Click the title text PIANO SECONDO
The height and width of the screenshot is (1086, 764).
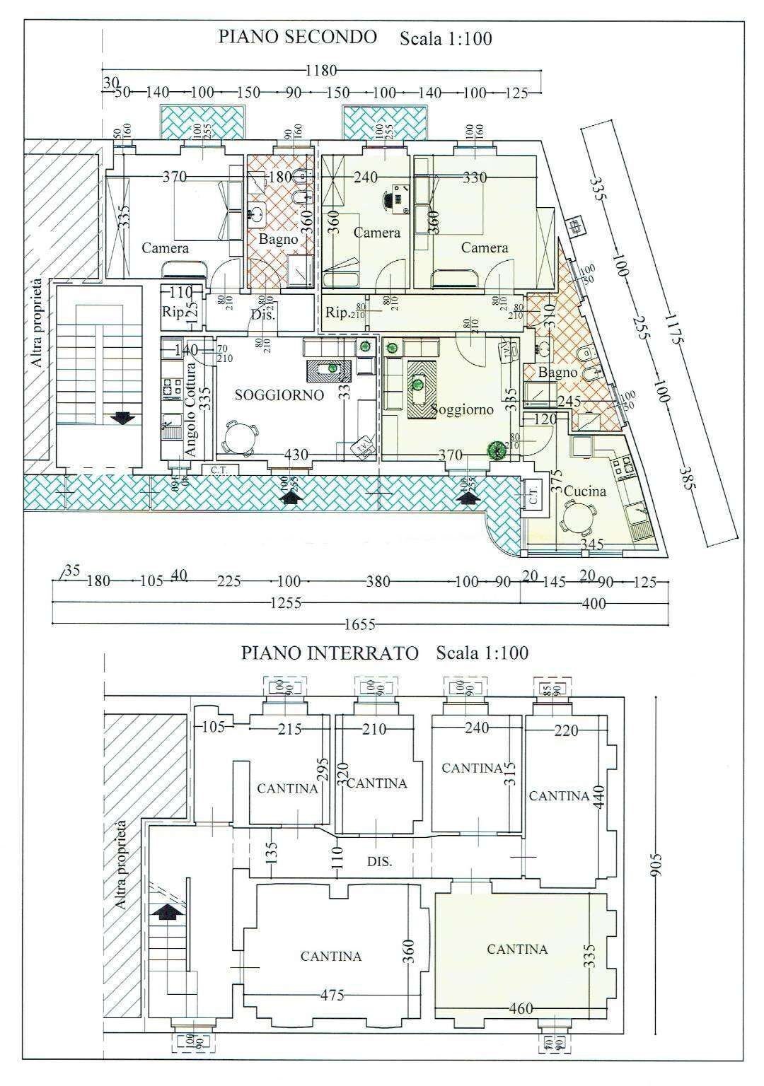(x=297, y=37)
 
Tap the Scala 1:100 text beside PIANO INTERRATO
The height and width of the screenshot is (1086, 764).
(x=482, y=653)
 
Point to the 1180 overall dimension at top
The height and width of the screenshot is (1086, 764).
(x=320, y=71)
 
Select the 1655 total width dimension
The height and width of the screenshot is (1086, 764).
(x=359, y=624)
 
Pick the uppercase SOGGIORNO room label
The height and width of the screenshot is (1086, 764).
(x=279, y=395)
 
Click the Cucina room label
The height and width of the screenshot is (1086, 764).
(x=585, y=491)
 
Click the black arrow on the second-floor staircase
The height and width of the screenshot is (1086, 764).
(x=123, y=417)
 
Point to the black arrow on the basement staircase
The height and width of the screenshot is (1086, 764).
(x=168, y=913)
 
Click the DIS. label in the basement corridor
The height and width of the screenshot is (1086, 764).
(x=379, y=862)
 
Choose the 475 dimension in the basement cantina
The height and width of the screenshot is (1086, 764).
(x=332, y=995)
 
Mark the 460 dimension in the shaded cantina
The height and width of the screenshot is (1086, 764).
(x=521, y=1008)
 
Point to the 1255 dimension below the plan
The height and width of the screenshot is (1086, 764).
(x=285, y=603)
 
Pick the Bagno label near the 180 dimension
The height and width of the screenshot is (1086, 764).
(x=278, y=239)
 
